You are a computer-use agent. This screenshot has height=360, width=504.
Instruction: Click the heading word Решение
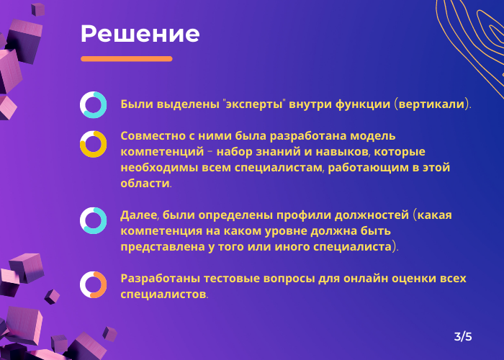(x=140, y=34)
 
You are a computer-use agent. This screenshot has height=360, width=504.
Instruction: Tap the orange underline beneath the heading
(x=127, y=59)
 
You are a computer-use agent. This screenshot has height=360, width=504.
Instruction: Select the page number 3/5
(x=463, y=336)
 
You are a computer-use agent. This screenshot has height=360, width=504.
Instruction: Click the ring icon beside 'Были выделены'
(x=94, y=104)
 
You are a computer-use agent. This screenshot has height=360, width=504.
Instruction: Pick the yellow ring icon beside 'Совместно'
(x=94, y=143)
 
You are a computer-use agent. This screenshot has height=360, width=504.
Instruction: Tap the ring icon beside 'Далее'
(x=94, y=220)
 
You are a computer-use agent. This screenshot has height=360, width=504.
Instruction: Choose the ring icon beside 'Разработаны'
(x=94, y=284)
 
